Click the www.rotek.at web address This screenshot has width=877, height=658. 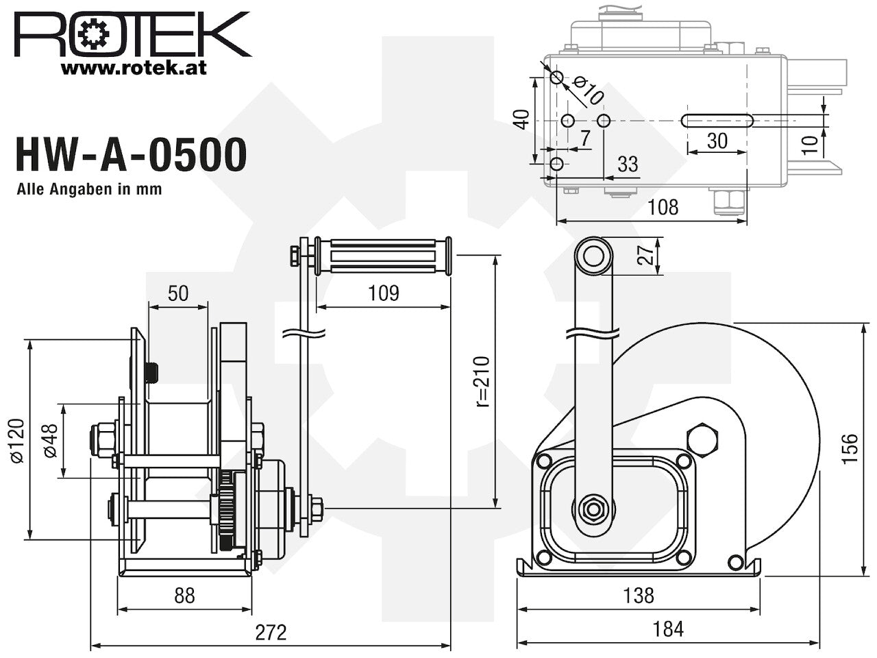pyautogui.click(x=134, y=69)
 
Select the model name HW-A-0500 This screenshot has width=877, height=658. pyautogui.click(x=131, y=155)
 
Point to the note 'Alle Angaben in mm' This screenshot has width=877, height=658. pyautogui.click(x=89, y=189)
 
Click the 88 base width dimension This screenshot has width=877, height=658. pyautogui.click(x=184, y=596)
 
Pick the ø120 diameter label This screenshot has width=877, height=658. pyautogui.click(x=18, y=441)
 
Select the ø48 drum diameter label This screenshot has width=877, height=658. pyautogui.click(x=51, y=441)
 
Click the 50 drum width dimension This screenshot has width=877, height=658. pyautogui.click(x=177, y=293)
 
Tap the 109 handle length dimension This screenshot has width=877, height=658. pyautogui.click(x=384, y=293)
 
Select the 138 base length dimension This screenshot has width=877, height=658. pyautogui.click(x=639, y=596)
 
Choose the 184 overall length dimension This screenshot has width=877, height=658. pyautogui.click(x=668, y=629)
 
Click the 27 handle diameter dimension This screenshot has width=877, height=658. pyautogui.click(x=645, y=255)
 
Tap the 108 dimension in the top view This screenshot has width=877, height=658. pyautogui.click(x=663, y=208)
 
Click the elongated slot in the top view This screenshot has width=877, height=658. pyautogui.click(x=717, y=121)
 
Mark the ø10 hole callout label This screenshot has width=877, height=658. pyautogui.click(x=587, y=91)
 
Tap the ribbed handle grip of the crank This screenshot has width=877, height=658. pyautogui.click(x=383, y=256)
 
